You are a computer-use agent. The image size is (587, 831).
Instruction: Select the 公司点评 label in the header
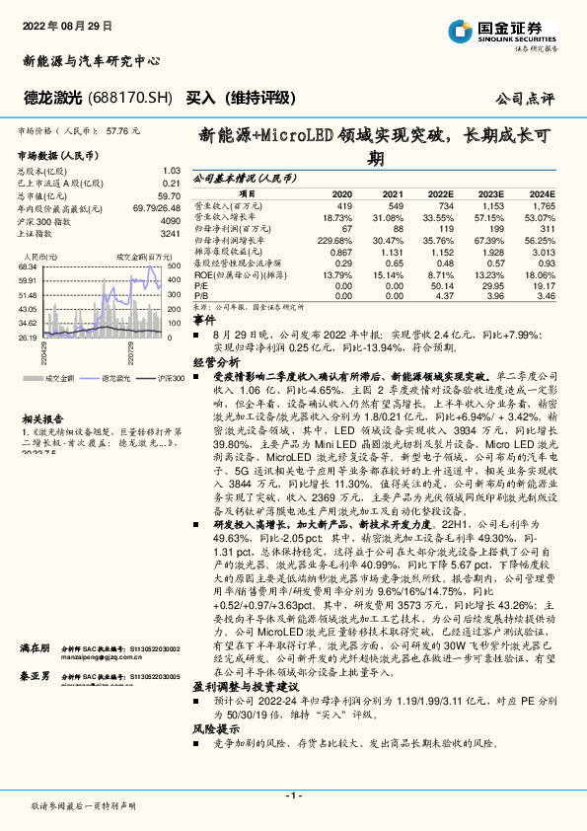[525, 100]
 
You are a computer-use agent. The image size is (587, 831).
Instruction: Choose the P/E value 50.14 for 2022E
[440, 284]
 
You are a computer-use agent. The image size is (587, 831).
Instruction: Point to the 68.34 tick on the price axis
[28, 266]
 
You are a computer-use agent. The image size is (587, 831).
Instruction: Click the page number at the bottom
[293, 794]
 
